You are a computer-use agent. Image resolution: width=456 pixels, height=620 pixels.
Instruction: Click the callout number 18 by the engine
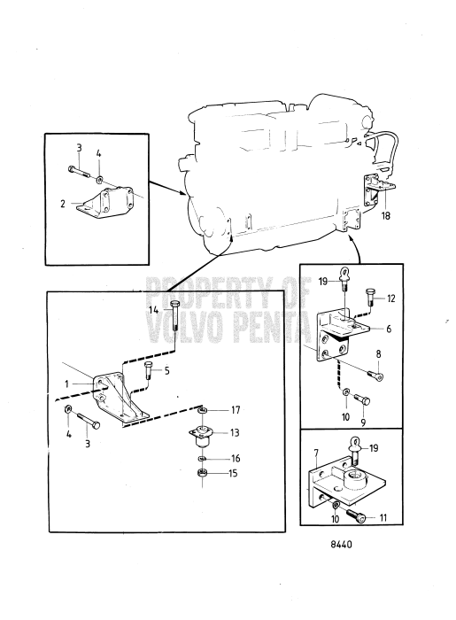pos(386,215)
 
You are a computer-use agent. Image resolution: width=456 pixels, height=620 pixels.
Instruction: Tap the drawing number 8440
pos(341,545)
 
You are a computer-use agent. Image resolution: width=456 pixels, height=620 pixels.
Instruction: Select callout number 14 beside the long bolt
pos(154,310)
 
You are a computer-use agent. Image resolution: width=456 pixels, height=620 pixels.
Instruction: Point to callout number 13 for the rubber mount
pos(235,433)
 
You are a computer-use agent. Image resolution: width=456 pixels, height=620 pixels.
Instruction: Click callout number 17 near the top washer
pos(236,410)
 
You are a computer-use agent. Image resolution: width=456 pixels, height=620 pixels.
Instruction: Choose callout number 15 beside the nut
pos(233,473)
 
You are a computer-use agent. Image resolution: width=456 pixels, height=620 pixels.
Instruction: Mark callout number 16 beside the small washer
pos(236,458)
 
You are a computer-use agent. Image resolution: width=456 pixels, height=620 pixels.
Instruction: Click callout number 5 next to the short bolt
pos(166,371)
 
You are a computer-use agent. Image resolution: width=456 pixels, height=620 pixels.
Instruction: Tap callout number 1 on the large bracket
pos(66,384)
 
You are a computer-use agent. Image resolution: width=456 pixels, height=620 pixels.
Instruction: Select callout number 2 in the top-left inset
pos(63,204)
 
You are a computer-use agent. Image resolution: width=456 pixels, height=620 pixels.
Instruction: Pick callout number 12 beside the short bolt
pos(390,298)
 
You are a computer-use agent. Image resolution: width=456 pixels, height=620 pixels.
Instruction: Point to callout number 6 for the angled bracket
pos(389,329)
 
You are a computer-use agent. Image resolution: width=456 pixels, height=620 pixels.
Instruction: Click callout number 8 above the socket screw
pos(379,354)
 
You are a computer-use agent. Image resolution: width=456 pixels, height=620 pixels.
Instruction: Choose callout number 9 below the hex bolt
pos(363,422)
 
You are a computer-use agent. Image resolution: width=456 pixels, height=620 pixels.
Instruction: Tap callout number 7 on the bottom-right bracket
pos(316,452)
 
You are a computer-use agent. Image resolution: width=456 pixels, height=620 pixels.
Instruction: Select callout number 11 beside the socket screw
pos(383,517)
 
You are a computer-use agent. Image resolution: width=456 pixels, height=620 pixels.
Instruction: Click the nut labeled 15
pos(202,472)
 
